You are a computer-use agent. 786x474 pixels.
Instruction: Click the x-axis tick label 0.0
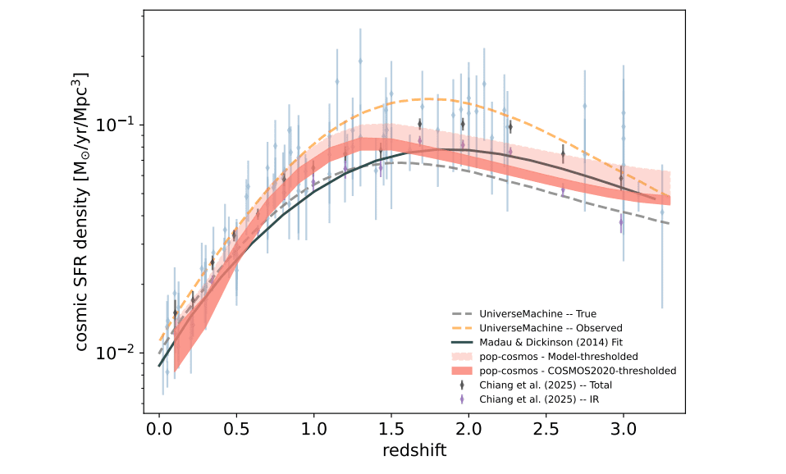click(158, 429)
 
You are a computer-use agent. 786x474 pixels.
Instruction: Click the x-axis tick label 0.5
click(236, 429)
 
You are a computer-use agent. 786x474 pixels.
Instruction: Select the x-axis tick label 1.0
click(313, 429)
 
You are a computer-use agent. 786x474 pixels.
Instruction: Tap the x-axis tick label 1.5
click(391, 429)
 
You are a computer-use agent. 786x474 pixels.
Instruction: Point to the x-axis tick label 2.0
click(468, 429)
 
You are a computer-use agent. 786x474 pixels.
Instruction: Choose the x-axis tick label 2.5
click(546, 429)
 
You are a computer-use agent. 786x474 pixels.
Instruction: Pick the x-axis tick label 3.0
click(624, 429)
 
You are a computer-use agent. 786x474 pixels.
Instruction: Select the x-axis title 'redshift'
click(414, 451)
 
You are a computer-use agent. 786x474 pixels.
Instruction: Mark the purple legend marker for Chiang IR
click(464, 399)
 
